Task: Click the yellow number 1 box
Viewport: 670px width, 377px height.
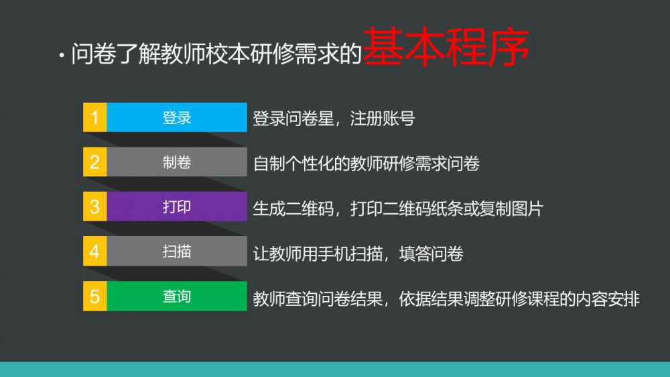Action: (95, 117)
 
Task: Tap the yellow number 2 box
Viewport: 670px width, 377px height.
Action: (95, 162)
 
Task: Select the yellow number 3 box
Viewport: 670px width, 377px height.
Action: (95, 206)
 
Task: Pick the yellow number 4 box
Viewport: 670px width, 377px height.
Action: (95, 251)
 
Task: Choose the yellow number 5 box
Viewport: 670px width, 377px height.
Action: (95, 296)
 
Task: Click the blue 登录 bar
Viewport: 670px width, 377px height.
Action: (177, 117)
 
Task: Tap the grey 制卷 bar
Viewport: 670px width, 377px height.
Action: (177, 162)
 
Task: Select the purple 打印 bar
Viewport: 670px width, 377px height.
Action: (177, 206)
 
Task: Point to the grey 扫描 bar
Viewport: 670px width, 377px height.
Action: (177, 251)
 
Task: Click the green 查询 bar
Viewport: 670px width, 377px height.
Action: (177, 296)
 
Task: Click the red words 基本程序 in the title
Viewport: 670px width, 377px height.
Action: (446, 47)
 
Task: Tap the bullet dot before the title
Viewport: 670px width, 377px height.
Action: (62, 55)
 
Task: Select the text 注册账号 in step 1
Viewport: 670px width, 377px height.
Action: (383, 119)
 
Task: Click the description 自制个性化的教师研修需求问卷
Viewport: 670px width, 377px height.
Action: (366, 164)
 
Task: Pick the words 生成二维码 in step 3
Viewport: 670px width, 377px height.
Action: (293, 209)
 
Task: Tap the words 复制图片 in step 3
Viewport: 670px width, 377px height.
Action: (511, 209)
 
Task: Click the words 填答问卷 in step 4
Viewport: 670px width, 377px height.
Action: (431, 254)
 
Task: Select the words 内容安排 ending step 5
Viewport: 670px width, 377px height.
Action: (607, 299)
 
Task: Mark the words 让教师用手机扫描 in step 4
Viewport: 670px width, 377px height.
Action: (318, 254)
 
